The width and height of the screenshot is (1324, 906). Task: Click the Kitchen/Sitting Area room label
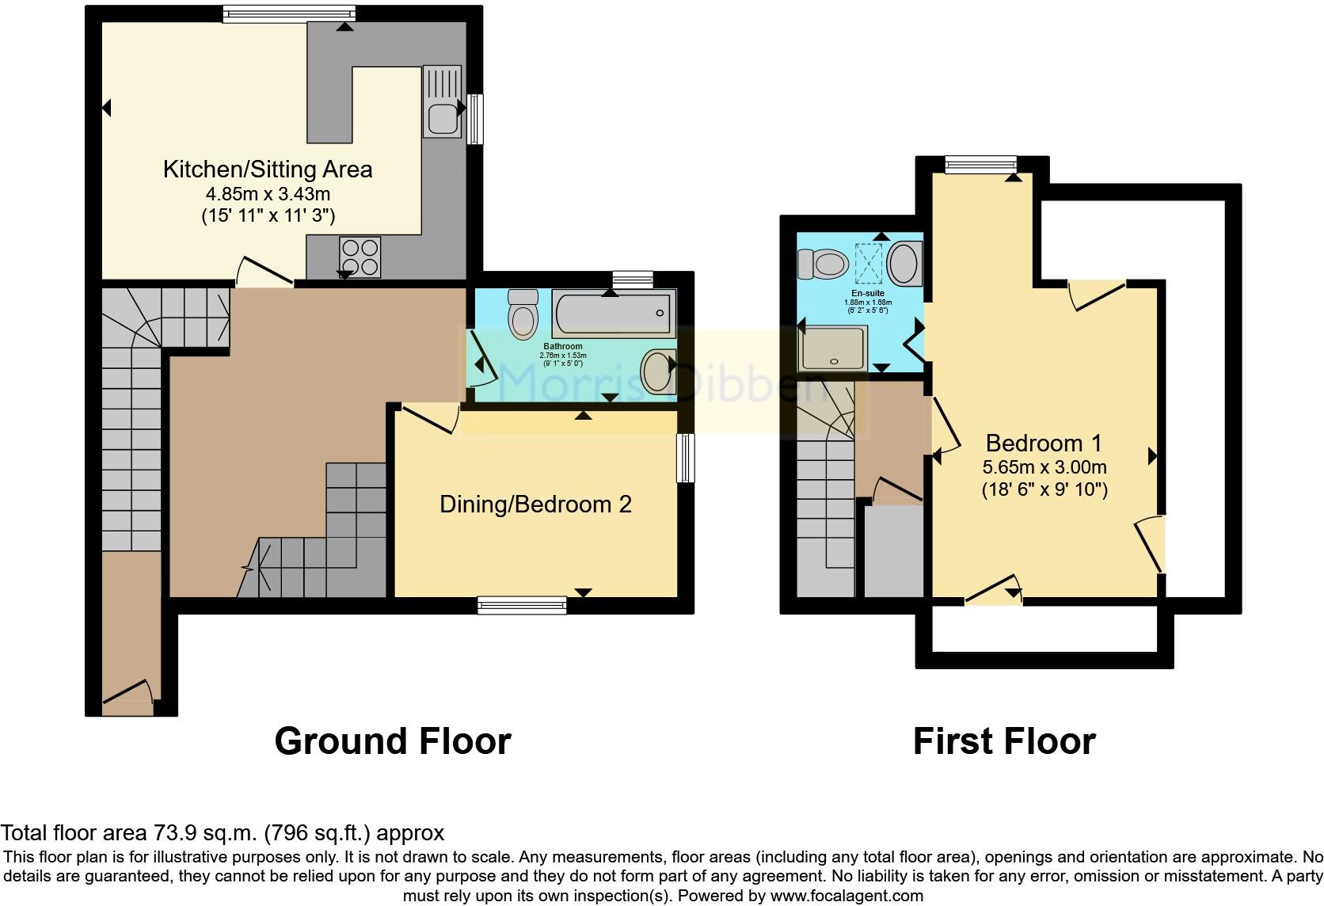click(x=267, y=169)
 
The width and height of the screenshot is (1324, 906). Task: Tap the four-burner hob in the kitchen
click(x=360, y=257)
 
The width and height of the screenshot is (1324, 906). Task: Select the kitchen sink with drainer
click(x=441, y=101)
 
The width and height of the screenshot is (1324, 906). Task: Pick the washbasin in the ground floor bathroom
click(x=657, y=372)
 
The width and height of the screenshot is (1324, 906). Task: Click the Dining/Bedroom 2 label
click(x=535, y=504)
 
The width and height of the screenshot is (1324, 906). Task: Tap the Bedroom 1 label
click(x=1044, y=443)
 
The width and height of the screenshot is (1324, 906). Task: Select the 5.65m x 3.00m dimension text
click(x=1044, y=466)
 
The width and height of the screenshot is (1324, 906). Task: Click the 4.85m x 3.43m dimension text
click(x=267, y=194)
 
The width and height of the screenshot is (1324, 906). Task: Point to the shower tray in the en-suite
click(x=831, y=349)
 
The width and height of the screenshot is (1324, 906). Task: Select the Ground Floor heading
click(x=393, y=741)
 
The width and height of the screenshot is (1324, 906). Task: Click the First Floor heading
click(x=1004, y=741)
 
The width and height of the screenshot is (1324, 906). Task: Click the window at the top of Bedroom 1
click(x=980, y=164)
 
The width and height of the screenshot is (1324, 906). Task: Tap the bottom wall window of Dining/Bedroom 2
click(x=522, y=606)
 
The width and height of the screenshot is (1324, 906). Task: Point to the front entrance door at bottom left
click(x=127, y=691)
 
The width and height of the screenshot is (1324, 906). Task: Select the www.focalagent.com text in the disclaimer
click(x=846, y=896)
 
